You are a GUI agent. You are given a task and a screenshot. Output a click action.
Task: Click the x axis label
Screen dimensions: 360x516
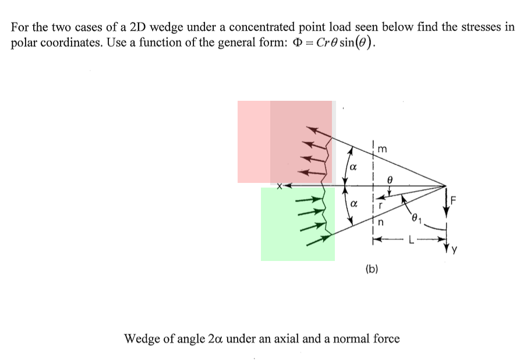[280, 186]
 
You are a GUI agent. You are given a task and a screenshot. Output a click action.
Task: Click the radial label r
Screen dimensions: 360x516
[379, 204]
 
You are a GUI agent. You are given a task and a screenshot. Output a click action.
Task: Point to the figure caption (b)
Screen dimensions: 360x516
[371, 269]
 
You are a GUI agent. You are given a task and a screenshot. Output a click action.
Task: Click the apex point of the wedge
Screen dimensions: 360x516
[447, 186]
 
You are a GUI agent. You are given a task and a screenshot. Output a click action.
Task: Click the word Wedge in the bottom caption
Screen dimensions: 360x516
[142, 338]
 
